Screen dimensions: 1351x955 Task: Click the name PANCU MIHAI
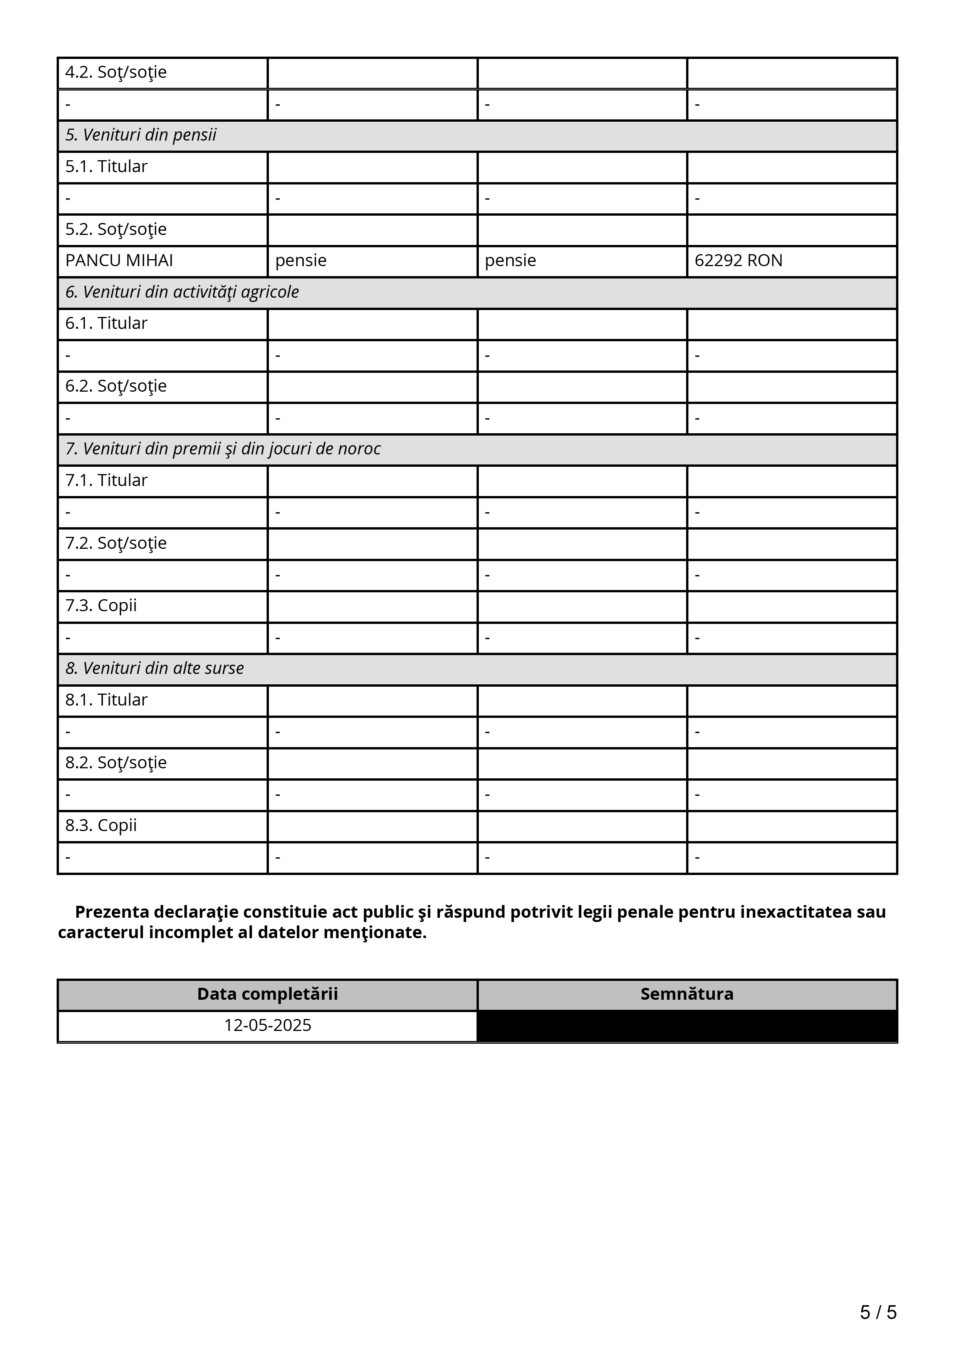pos(119,261)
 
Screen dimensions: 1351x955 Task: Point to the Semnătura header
pos(686,994)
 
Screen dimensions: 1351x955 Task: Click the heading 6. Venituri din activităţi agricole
pos(182,292)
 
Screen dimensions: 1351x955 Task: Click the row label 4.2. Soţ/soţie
pos(116,72)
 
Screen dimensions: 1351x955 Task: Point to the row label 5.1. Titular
pos(106,166)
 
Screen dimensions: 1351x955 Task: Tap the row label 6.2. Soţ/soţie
pos(116,386)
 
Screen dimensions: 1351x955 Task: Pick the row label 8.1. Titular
pos(106,700)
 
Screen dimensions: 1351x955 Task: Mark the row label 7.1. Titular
pos(106,480)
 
